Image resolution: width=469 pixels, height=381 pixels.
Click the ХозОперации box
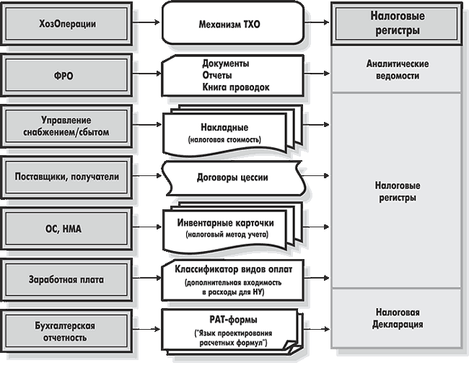(x=69, y=24)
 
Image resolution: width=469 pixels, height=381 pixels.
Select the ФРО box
(x=69, y=74)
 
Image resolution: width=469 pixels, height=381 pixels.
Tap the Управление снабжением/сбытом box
(x=69, y=125)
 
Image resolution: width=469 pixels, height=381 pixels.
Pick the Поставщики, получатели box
(x=69, y=176)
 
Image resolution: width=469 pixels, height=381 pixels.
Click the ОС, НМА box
(x=69, y=227)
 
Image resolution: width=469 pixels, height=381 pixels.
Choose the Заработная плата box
(x=69, y=279)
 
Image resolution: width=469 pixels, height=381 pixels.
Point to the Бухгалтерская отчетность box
(x=69, y=330)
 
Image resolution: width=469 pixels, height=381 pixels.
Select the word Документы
(x=226, y=63)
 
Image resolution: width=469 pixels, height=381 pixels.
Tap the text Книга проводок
(x=236, y=87)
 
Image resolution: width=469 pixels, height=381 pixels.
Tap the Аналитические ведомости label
(x=398, y=69)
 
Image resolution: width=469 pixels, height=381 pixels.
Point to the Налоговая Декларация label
(x=398, y=318)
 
